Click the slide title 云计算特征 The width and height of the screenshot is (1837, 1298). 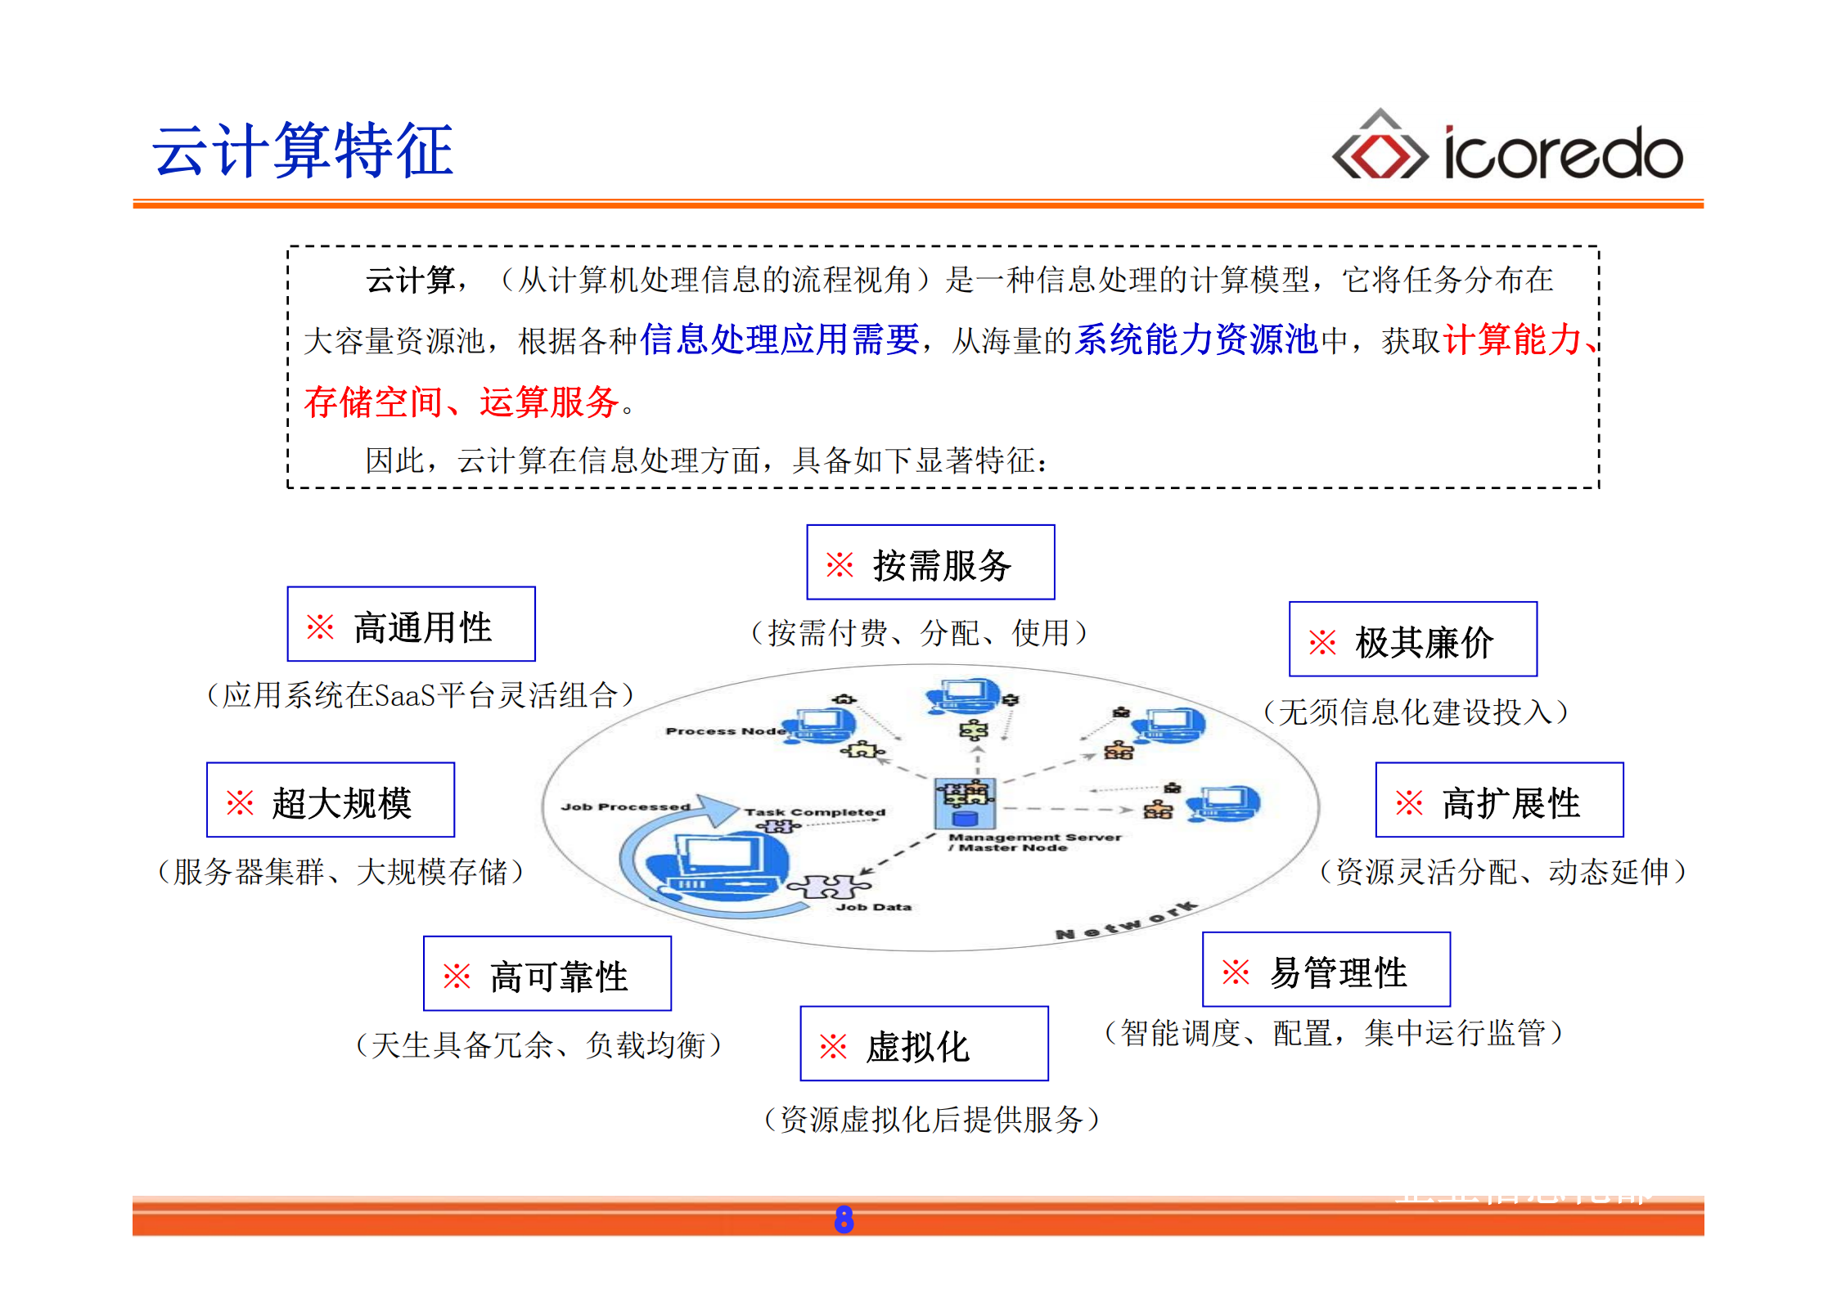(x=303, y=150)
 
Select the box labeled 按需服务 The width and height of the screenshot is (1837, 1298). (x=930, y=563)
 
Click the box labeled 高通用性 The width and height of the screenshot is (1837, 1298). (x=411, y=625)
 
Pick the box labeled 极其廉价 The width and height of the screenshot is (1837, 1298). (x=1412, y=640)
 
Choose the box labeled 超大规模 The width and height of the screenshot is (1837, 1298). (x=331, y=801)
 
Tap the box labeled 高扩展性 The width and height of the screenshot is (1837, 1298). (x=1499, y=801)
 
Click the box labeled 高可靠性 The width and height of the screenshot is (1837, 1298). (x=547, y=974)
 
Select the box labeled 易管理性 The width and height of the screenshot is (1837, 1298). (x=1326, y=970)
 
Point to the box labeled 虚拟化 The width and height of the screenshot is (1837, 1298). (x=924, y=1044)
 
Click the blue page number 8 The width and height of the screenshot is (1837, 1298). (x=844, y=1219)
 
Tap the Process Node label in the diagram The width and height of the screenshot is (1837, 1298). (x=725, y=731)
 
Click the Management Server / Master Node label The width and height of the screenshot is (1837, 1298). (x=1033, y=842)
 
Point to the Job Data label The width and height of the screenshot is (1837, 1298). (x=873, y=907)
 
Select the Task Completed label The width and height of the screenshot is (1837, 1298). (x=814, y=812)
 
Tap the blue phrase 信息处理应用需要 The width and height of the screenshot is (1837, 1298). (x=779, y=339)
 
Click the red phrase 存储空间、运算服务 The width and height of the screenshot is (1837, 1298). (x=461, y=402)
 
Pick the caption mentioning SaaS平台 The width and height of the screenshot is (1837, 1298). (x=420, y=696)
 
